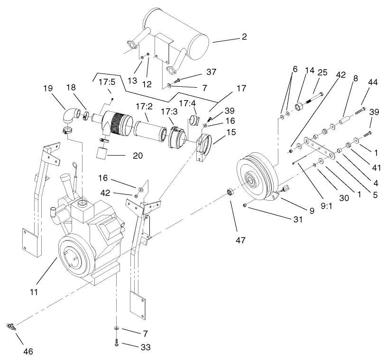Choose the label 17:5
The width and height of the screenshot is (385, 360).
tap(107, 82)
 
